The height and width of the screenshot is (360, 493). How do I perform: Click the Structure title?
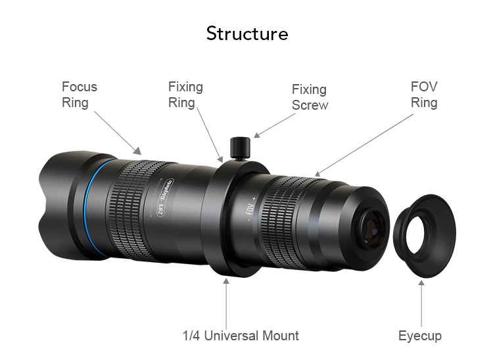tap(246, 34)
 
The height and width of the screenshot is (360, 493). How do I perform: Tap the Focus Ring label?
tap(79, 95)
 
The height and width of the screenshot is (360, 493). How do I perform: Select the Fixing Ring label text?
tap(185, 95)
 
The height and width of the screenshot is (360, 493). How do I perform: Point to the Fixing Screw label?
tap(309, 97)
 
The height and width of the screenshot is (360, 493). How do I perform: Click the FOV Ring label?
tap(424, 95)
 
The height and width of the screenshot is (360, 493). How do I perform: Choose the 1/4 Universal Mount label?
tap(240, 336)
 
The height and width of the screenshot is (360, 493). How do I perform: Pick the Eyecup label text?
tap(420, 336)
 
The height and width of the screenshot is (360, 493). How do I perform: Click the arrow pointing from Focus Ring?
tap(117, 132)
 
